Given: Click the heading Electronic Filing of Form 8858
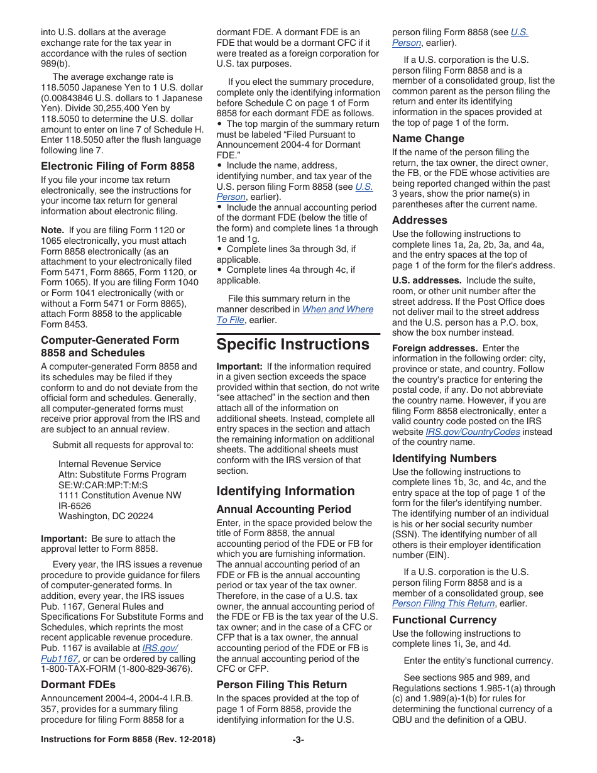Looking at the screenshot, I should tap(118, 166).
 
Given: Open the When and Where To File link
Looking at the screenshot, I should tap(337, 309).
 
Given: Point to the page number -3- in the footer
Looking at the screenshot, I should tap(298, 740).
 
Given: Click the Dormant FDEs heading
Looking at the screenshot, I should tap(78, 684).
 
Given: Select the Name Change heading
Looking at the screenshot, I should tap(428, 138).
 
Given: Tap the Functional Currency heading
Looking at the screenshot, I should tap(444, 619).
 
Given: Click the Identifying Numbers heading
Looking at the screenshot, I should tap(444, 458).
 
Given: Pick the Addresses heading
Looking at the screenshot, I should tap(419, 220).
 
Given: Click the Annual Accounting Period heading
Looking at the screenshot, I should tap(283, 509).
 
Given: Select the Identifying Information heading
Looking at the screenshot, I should tap(285, 491).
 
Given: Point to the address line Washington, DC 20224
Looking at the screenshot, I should tap(106, 516).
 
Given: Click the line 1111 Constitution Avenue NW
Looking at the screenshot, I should tap(119, 495).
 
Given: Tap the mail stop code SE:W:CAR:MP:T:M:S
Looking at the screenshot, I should tap(103, 485).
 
